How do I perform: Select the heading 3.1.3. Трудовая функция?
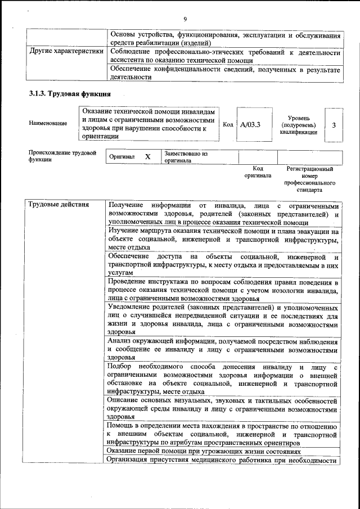point(69,93)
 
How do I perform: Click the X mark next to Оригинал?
point(147,157)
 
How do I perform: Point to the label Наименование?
point(48,123)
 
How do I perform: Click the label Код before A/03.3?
point(228,125)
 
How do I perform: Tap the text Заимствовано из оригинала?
point(186,156)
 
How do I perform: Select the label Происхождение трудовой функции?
point(62,156)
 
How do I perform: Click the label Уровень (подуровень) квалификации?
point(298,125)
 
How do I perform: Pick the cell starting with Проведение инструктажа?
point(223,290)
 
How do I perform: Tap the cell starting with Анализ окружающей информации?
point(223,349)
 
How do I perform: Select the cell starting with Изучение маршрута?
point(223,239)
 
